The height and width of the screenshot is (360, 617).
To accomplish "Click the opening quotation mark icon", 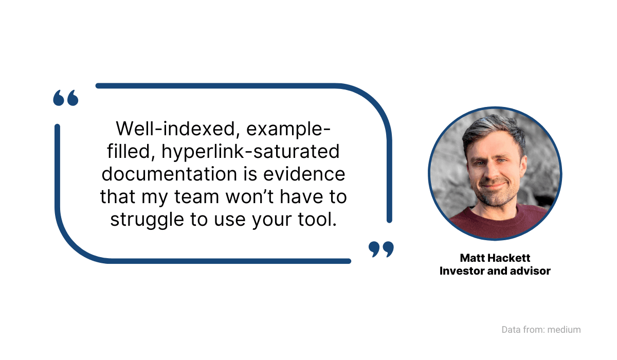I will pyautogui.click(x=66, y=98).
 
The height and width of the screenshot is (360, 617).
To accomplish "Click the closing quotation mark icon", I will pyautogui.click(x=381, y=249).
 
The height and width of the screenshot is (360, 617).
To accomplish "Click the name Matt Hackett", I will pyautogui.click(x=495, y=258).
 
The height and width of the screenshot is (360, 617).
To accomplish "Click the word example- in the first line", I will pyautogui.click(x=288, y=129).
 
